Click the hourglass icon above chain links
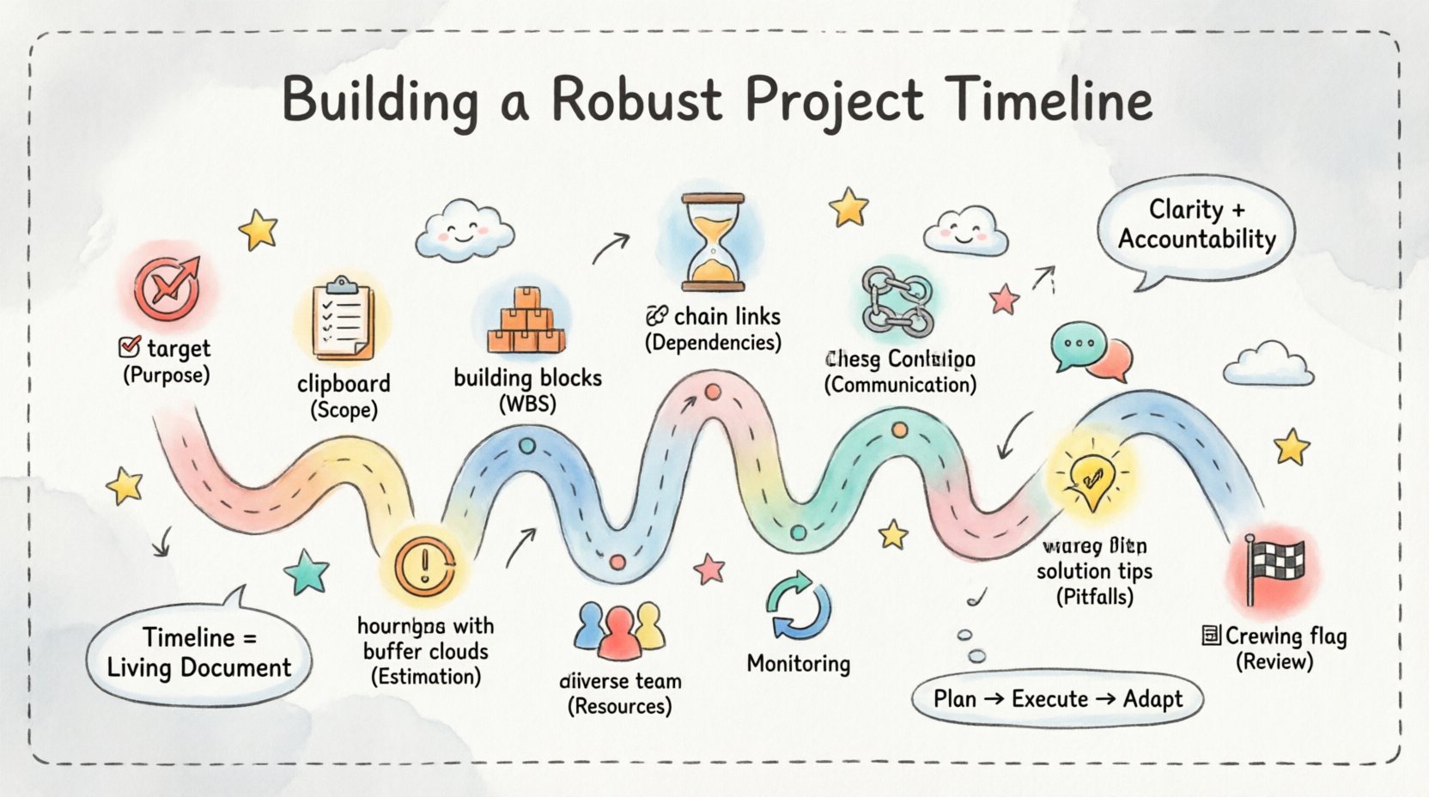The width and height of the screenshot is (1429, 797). [712, 243]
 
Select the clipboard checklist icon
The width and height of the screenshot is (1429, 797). [343, 319]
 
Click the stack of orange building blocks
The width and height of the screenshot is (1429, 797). [526, 322]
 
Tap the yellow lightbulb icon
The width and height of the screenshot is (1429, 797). [1091, 478]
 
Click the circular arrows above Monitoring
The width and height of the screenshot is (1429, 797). [798, 606]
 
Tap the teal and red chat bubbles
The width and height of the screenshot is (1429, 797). [1091, 351]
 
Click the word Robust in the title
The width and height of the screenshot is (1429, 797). [636, 100]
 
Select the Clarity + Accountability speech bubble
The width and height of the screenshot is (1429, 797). [1196, 225]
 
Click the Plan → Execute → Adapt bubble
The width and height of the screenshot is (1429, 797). [1057, 699]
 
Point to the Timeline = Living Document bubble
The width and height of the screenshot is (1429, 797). [198, 653]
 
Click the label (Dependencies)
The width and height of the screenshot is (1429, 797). [713, 343]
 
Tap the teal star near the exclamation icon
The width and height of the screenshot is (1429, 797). [307, 573]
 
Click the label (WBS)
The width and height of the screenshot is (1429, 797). [527, 403]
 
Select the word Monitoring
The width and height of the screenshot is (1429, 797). [798, 664]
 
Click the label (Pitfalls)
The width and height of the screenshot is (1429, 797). [1094, 597]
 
